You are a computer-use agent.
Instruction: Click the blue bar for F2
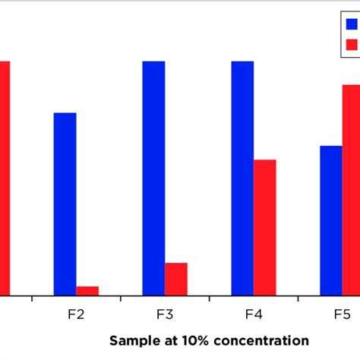pos(65,204)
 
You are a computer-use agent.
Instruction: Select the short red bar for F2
pos(87,290)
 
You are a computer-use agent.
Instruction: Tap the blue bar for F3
pos(153,178)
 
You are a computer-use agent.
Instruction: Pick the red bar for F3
pos(176,279)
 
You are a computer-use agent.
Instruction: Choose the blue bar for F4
pos(242,178)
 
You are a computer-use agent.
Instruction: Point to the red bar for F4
pos(264,227)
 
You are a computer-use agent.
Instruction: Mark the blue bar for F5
pos(331,219)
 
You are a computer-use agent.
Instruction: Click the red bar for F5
pos(351,189)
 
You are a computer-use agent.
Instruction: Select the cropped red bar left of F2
pos(5,178)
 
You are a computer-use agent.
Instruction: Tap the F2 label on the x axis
pos(76,314)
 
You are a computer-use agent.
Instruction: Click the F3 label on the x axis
pos(165,314)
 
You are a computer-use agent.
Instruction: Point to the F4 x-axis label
pos(254,314)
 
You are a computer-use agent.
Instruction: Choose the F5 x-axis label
pos(343,314)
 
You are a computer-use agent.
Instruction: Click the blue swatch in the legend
pos(351,26)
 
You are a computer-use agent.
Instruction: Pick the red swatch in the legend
pos(351,45)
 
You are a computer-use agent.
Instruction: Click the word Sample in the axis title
pos(131,340)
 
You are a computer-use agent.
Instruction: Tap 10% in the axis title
pos(188,340)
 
